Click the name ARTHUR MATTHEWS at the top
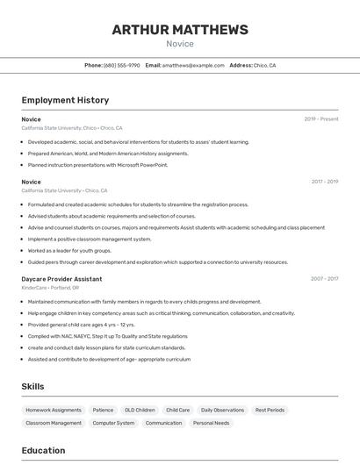pyautogui.click(x=180, y=30)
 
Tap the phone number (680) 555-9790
pyautogui.click(x=122, y=65)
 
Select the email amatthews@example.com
pyautogui.click(x=193, y=65)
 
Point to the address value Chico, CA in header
pyautogui.click(x=265, y=65)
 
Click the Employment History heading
pyautogui.click(x=65, y=100)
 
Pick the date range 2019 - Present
pyautogui.click(x=320, y=119)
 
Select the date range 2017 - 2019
pyautogui.click(x=324, y=182)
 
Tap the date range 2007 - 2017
pyautogui.click(x=324, y=279)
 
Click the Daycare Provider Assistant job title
pyautogui.click(x=61, y=279)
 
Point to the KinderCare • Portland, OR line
pyautogui.click(x=50, y=288)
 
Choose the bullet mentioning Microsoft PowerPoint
pyautogui.click(x=97, y=164)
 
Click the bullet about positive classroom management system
pyautogui.click(x=90, y=239)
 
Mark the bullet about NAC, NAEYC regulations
pyautogui.click(x=107, y=336)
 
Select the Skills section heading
pyautogui.click(x=33, y=387)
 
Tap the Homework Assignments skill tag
pyautogui.click(x=54, y=410)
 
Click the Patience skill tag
pyautogui.click(x=103, y=410)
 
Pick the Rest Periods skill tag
pyautogui.click(x=270, y=410)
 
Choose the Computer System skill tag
pyautogui.click(x=114, y=423)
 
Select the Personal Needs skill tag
pyautogui.click(x=211, y=423)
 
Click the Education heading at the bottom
pyautogui.click(x=43, y=451)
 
